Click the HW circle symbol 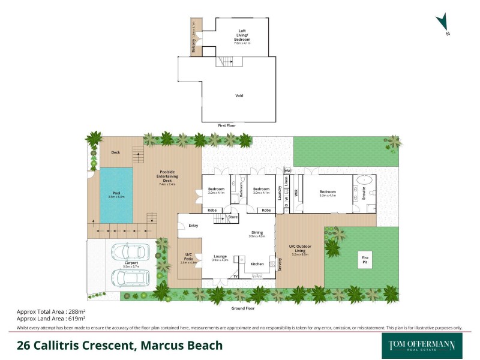click(287, 170)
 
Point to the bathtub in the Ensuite click(364, 181)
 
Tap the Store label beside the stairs click(233, 217)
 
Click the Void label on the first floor click(239, 95)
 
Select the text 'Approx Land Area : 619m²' click(46, 319)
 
